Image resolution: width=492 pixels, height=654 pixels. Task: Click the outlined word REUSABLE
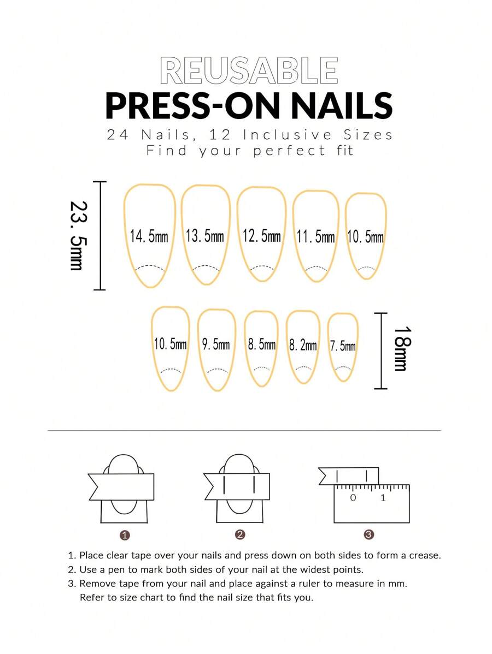249,70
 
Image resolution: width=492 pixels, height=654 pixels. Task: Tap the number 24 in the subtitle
118,135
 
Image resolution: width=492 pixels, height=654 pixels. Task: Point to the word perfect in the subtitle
289,151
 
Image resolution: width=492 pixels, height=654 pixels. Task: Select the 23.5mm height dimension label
79,236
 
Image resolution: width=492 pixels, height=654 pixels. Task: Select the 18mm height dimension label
403,349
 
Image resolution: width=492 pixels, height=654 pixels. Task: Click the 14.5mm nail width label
149,236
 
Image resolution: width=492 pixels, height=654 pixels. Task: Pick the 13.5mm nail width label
204,236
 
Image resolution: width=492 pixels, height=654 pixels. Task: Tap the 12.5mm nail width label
261,236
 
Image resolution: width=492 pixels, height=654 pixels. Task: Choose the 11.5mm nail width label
316,236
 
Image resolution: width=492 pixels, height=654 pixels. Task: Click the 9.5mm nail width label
216,344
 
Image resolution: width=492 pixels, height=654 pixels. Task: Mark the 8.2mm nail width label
303,346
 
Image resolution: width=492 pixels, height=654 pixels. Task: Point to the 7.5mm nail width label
343,346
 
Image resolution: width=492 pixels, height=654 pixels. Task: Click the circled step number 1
125,535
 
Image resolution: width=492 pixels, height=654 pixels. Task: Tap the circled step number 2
240,534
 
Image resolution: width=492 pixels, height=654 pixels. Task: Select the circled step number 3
369,534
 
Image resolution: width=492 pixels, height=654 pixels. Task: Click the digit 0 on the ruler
353,497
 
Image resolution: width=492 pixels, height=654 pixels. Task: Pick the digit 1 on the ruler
383,497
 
